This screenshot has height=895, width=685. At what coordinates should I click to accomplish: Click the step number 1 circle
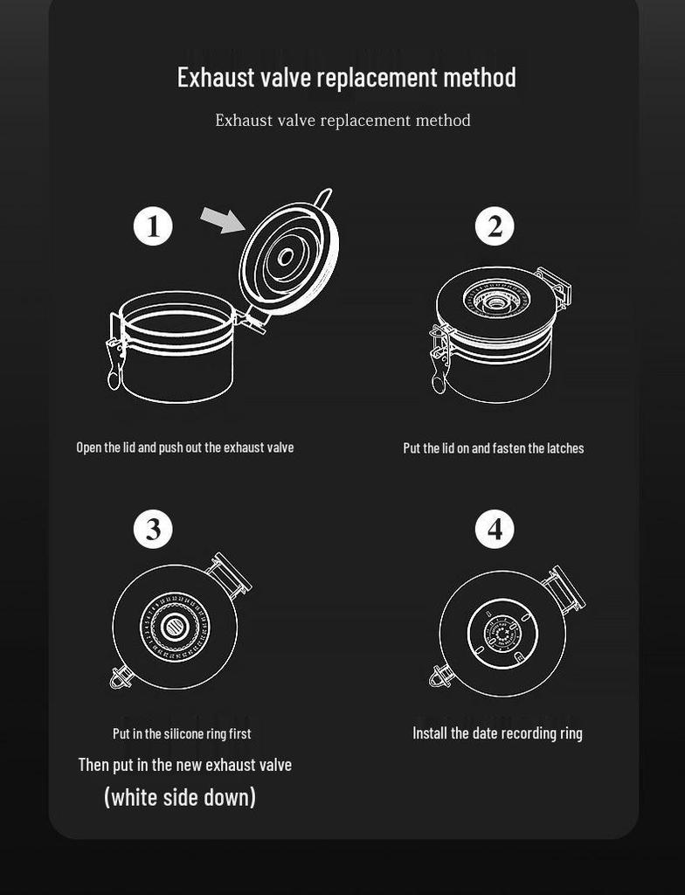tap(153, 226)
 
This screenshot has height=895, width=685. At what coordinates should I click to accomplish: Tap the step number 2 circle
tap(495, 226)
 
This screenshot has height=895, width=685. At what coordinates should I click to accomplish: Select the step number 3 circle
tap(153, 529)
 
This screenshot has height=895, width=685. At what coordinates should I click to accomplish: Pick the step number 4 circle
tap(495, 529)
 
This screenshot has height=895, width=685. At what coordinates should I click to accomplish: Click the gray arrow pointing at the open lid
tap(223, 219)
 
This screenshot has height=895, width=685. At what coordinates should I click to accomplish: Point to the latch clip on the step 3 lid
tap(121, 677)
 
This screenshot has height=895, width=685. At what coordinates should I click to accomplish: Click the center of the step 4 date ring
tap(502, 635)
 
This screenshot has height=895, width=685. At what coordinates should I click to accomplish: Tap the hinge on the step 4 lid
tap(564, 590)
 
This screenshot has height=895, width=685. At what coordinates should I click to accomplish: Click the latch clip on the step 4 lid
tap(441, 676)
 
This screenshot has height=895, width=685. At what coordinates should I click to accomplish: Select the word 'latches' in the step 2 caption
tap(565, 448)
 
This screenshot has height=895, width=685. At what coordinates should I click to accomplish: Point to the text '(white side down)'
tap(180, 797)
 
